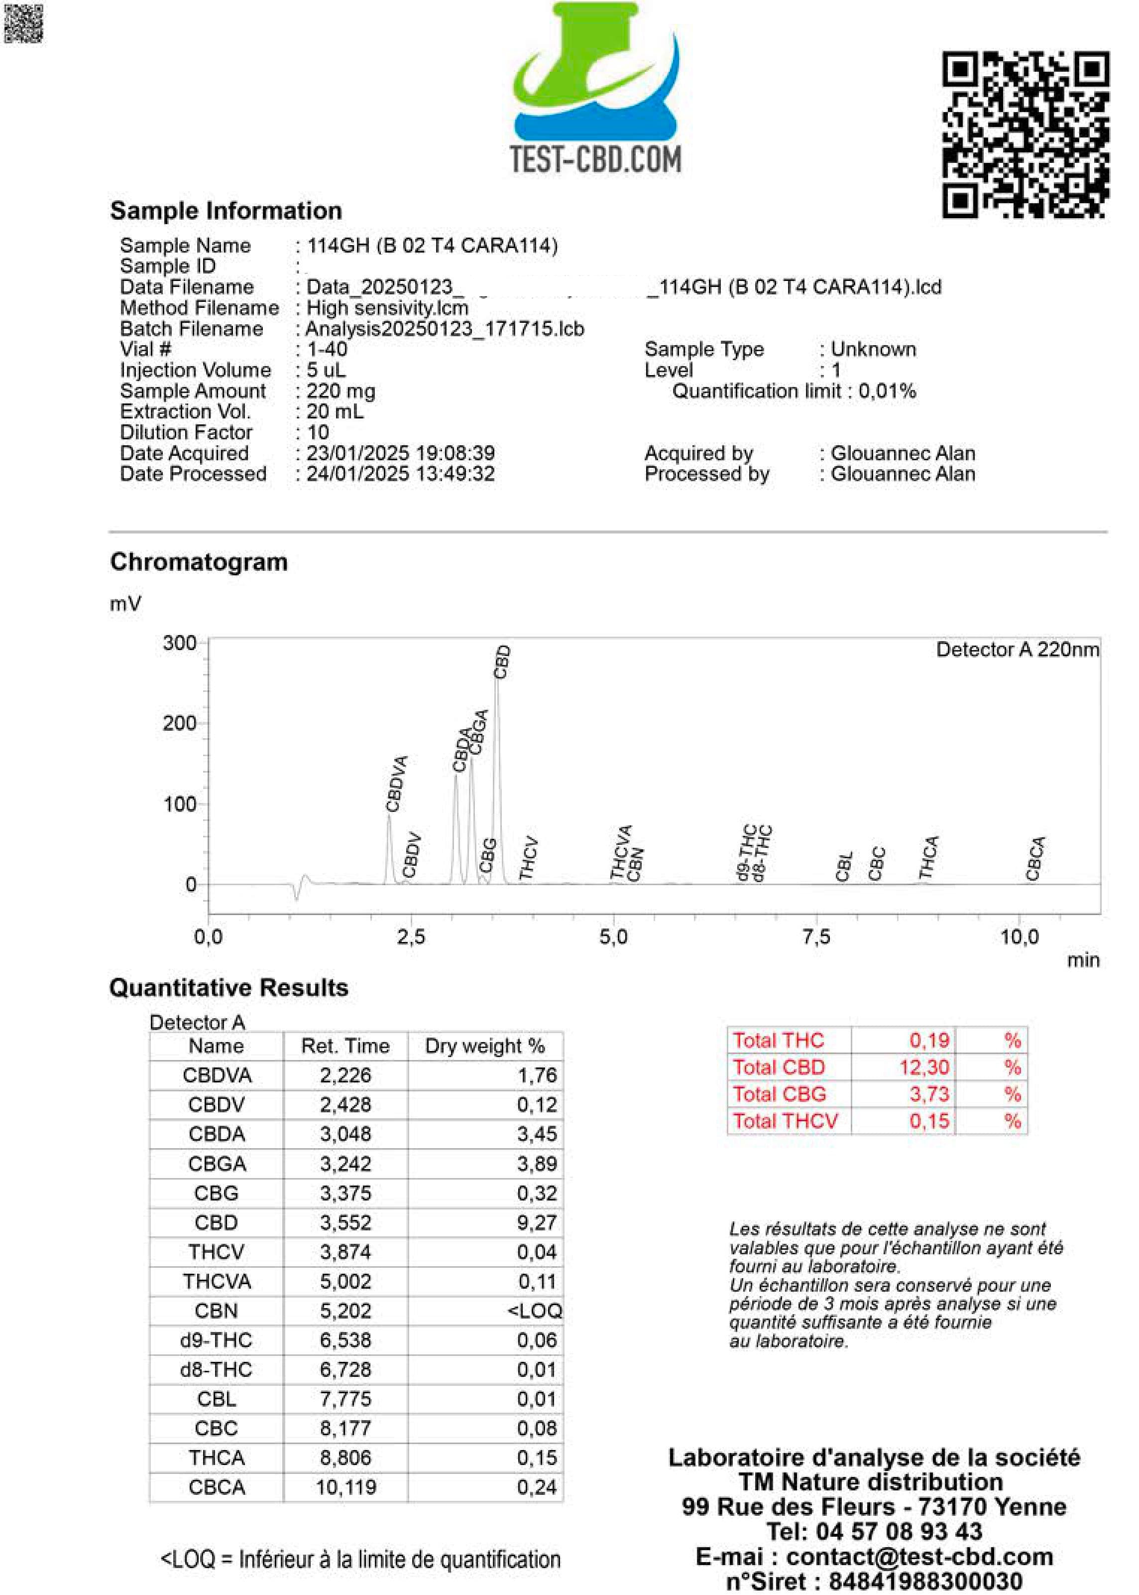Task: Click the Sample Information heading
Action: pyautogui.click(x=226, y=211)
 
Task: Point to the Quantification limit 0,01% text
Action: pyautogui.click(x=794, y=391)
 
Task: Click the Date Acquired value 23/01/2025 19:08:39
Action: pyautogui.click(x=400, y=453)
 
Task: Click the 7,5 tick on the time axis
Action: pyautogui.click(x=816, y=937)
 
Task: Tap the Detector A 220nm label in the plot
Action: pyautogui.click(x=1017, y=650)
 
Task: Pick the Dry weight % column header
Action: pyautogui.click(x=485, y=1046)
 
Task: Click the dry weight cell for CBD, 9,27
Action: pyautogui.click(x=537, y=1222)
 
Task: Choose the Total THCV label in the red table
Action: pyautogui.click(x=785, y=1121)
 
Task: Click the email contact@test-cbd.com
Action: pyautogui.click(x=919, y=1557)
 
